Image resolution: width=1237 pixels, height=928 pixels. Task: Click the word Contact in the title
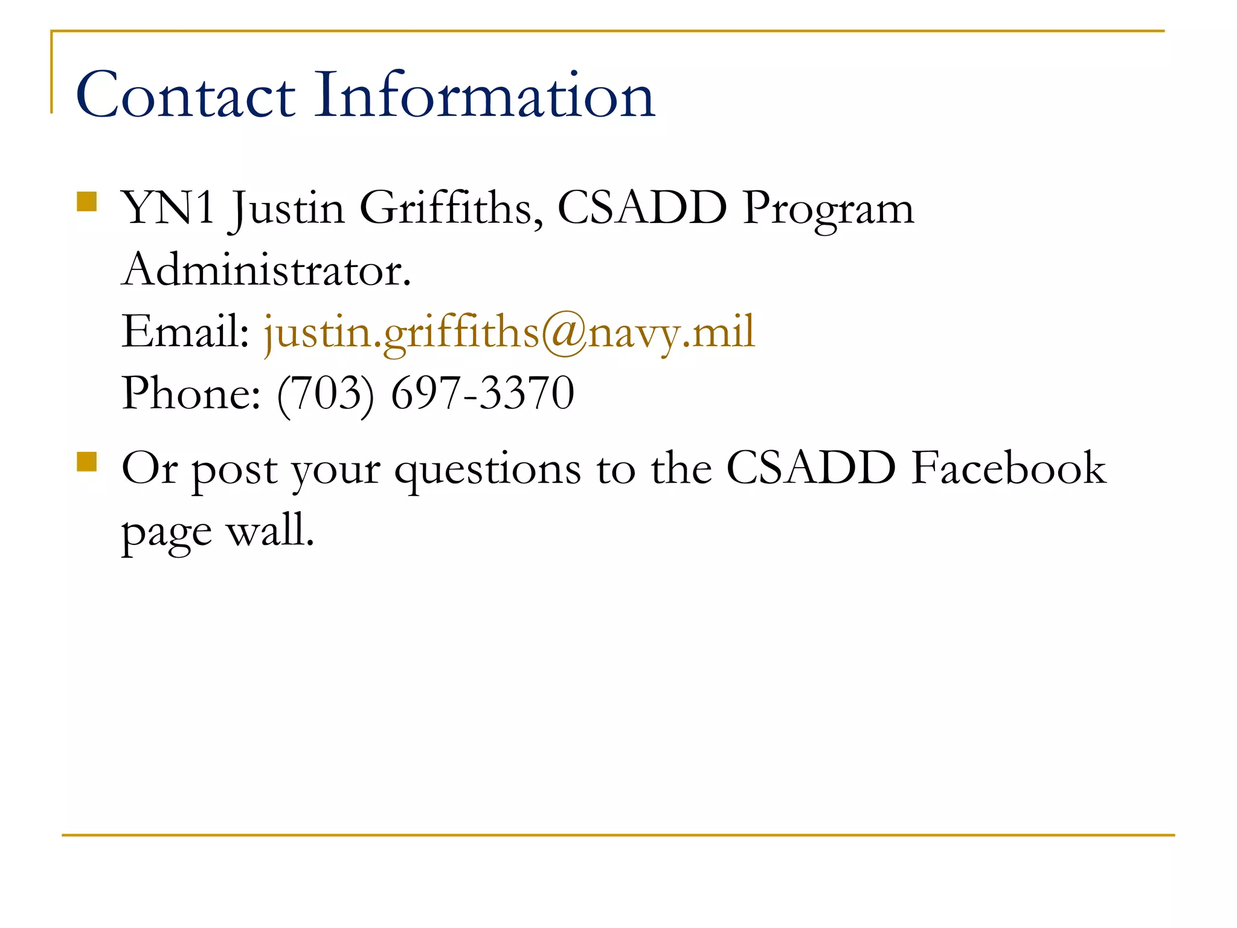click(x=185, y=95)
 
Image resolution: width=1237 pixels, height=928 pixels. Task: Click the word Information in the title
click(x=485, y=95)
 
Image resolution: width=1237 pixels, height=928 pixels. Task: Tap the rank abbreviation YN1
click(x=169, y=208)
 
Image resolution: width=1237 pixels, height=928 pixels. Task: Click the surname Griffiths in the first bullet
click(x=451, y=208)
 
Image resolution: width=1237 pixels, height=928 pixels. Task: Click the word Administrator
click(x=266, y=270)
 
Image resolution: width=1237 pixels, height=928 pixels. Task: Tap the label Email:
click(x=185, y=332)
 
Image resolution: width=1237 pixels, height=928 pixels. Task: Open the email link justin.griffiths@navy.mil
click(x=509, y=333)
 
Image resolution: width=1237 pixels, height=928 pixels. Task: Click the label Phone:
click(x=191, y=394)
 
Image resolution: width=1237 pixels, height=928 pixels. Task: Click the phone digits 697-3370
click(x=483, y=394)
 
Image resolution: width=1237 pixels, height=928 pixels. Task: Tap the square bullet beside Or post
click(x=87, y=462)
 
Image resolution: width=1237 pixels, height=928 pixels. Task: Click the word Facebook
click(x=1009, y=468)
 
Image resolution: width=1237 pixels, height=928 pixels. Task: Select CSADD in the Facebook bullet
click(x=811, y=468)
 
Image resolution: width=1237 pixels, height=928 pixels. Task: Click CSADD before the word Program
click(x=642, y=208)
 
